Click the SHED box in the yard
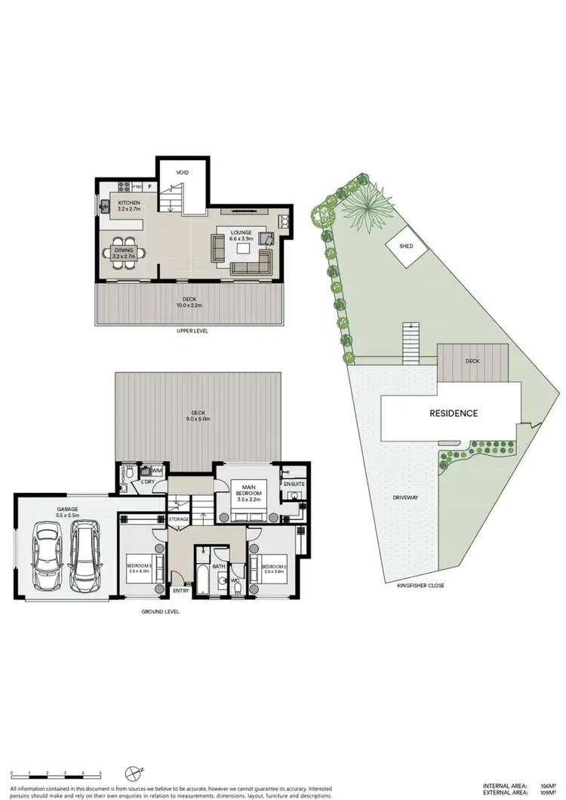tap(405, 247)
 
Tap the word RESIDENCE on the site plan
tap(454, 414)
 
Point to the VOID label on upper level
tap(182, 173)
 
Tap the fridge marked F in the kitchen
tap(149, 186)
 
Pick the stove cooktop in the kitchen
tap(123, 186)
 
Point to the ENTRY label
tap(181, 591)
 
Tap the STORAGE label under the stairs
tap(179, 519)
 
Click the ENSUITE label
tap(294, 483)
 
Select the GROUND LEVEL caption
tap(159, 612)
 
